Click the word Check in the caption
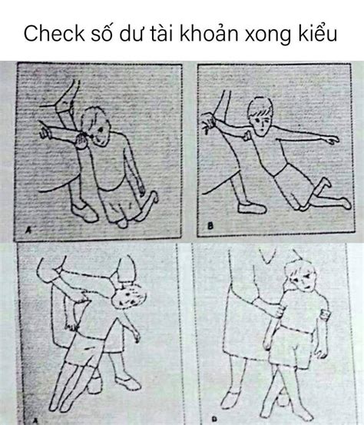tap(55, 33)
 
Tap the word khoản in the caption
tap(210, 33)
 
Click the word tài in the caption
tap(161, 33)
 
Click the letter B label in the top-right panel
tap(210, 225)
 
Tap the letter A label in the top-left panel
tap(28, 230)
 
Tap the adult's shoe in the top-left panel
tap(84, 212)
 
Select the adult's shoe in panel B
tap(252, 208)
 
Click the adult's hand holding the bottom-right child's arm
tap(279, 310)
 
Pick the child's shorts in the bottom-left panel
tap(84, 349)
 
